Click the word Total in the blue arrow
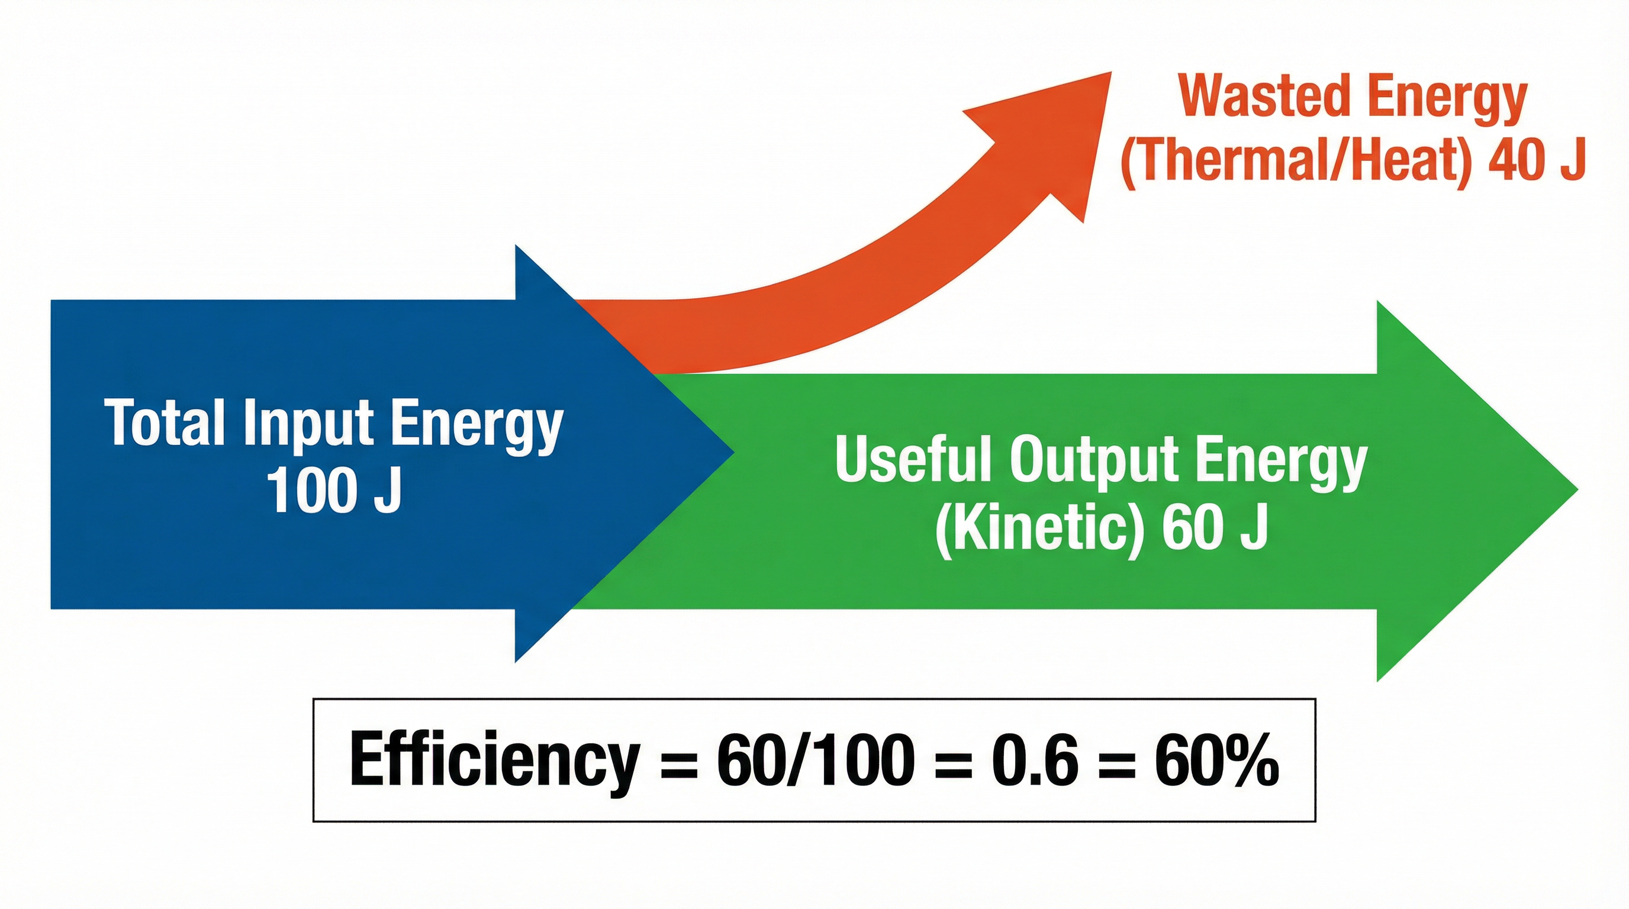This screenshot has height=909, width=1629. pos(165,423)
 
